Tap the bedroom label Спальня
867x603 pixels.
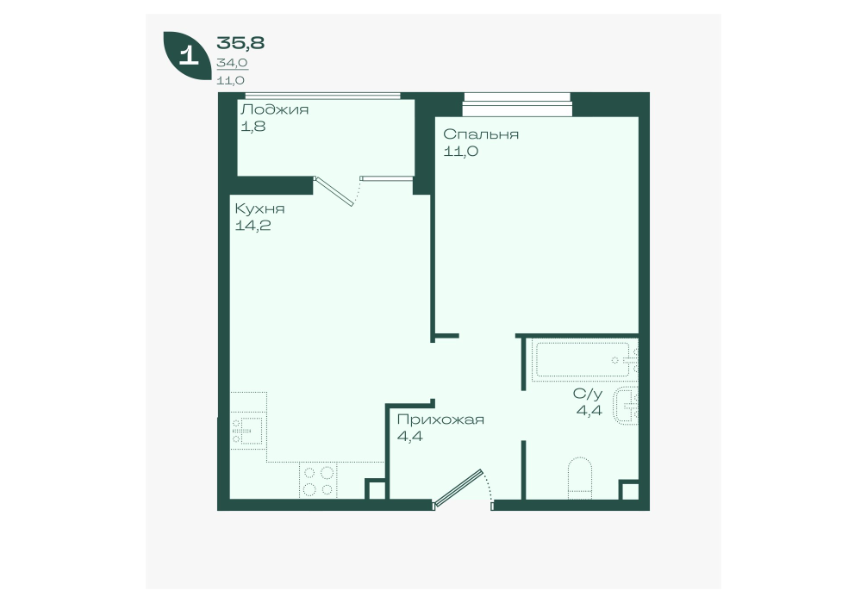click(481, 134)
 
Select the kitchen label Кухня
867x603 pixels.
click(260, 209)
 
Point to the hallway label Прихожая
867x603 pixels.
click(440, 420)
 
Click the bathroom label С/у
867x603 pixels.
click(588, 394)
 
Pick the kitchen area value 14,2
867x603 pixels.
click(253, 226)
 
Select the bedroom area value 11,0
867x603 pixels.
click(460, 151)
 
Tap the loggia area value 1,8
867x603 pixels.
click(253, 126)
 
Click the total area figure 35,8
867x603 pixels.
click(240, 42)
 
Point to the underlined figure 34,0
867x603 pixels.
click(232, 63)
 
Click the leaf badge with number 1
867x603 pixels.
click(188, 56)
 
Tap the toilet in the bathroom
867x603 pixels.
click(580, 477)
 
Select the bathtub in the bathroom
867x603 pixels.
click(583, 360)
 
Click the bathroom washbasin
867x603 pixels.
click(627, 406)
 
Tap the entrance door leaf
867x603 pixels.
click(458, 488)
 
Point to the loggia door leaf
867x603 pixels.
click(334, 191)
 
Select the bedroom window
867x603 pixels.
click(516, 104)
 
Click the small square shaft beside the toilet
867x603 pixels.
click(628, 489)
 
